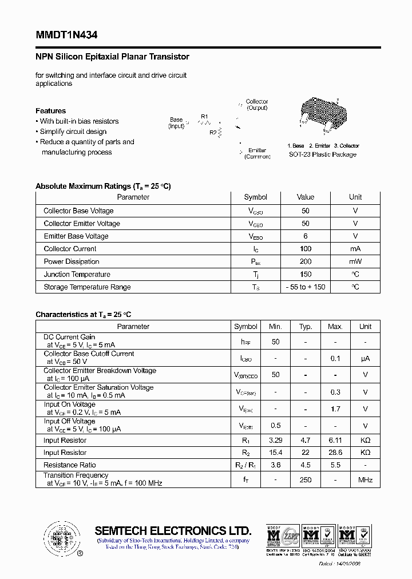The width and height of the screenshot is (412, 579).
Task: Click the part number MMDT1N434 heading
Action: point(66,35)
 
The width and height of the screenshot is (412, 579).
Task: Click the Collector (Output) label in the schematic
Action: point(257,105)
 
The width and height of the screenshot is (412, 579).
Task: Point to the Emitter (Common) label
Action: point(257,153)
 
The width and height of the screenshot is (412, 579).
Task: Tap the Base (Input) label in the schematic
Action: point(176,123)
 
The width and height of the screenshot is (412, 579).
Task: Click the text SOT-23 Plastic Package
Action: point(323,154)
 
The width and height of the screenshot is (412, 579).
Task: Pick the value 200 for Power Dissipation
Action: point(306,261)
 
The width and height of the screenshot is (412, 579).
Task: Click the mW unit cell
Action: point(355,261)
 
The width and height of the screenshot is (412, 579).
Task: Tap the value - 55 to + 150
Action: point(306,287)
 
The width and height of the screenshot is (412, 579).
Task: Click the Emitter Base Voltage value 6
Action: point(306,236)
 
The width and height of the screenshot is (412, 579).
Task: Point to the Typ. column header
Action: point(306,327)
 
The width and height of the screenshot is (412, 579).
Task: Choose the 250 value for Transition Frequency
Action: point(306,479)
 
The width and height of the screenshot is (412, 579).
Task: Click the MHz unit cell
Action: point(365,479)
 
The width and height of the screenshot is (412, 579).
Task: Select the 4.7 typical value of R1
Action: point(306,441)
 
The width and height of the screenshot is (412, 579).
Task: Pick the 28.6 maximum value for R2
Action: point(335,453)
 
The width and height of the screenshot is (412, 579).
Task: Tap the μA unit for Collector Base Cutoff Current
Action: point(365,359)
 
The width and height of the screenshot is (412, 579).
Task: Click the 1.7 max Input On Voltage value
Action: point(335,409)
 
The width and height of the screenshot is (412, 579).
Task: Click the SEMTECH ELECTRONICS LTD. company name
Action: point(173,530)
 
